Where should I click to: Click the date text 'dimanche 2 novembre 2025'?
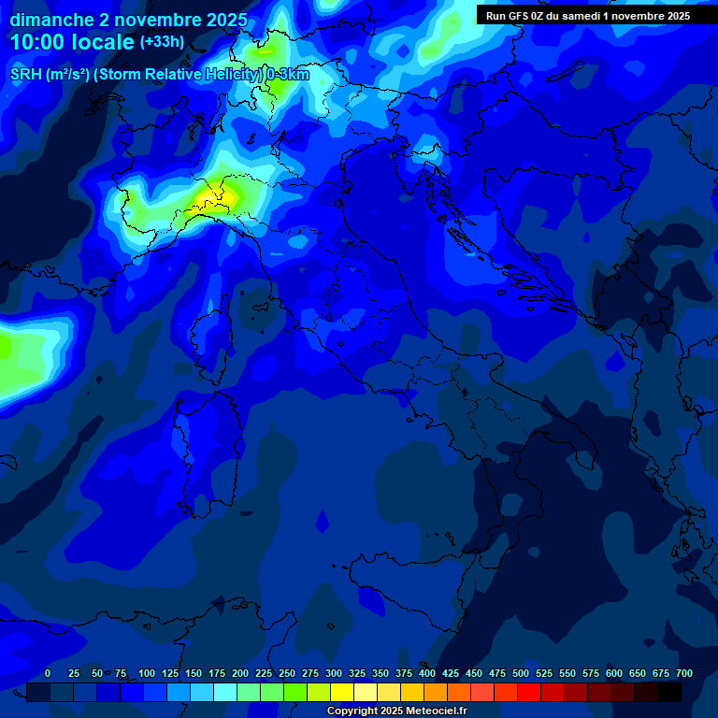click(128, 20)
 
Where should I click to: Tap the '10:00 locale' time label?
click(72, 42)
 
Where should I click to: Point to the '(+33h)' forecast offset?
click(162, 41)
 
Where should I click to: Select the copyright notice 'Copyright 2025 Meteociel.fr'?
click(397, 711)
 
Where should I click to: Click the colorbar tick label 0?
click(48, 674)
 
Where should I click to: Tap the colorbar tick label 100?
click(147, 674)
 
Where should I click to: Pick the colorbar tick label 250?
click(286, 674)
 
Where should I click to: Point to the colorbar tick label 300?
click(333, 674)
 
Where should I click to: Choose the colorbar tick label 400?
click(426, 674)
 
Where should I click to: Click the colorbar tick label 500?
click(520, 674)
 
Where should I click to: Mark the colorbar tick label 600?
click(613, 674)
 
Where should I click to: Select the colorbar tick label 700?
click(683, 674)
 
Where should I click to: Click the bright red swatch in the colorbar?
click(529, 693)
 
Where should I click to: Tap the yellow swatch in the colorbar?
click(342, 693)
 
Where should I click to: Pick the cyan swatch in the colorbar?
click(225, 693)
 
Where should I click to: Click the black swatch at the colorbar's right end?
click(669, 693)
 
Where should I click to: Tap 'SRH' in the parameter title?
click(25, 75)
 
